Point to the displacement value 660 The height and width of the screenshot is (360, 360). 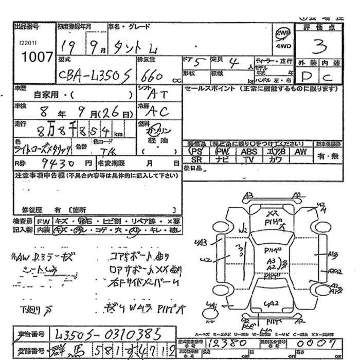click(151, 77)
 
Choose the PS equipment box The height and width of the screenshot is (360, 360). click(196, 152)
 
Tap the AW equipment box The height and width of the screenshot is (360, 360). click(300, 152)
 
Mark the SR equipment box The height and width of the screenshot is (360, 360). click(196, 160)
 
